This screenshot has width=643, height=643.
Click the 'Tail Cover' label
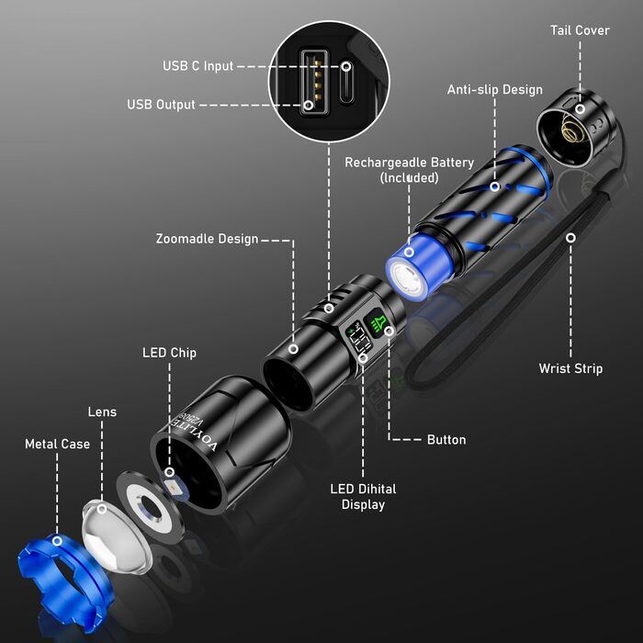pos(580,30)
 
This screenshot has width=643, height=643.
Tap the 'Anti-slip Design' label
pos(494,90)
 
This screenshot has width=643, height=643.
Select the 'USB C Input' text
pos(197,66)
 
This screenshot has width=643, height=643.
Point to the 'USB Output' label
pos(161,105)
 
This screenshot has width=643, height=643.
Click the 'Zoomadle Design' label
pos(207,240)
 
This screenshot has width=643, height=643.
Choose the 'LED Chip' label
pos(169,353)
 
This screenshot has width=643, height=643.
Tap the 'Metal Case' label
pos(57,445)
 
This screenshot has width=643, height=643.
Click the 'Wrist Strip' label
pos(570,368)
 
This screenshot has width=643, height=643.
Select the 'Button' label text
pos(446,440)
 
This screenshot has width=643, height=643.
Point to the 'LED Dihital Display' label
pos(363,496)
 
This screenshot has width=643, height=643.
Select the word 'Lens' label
pos(102,412)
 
